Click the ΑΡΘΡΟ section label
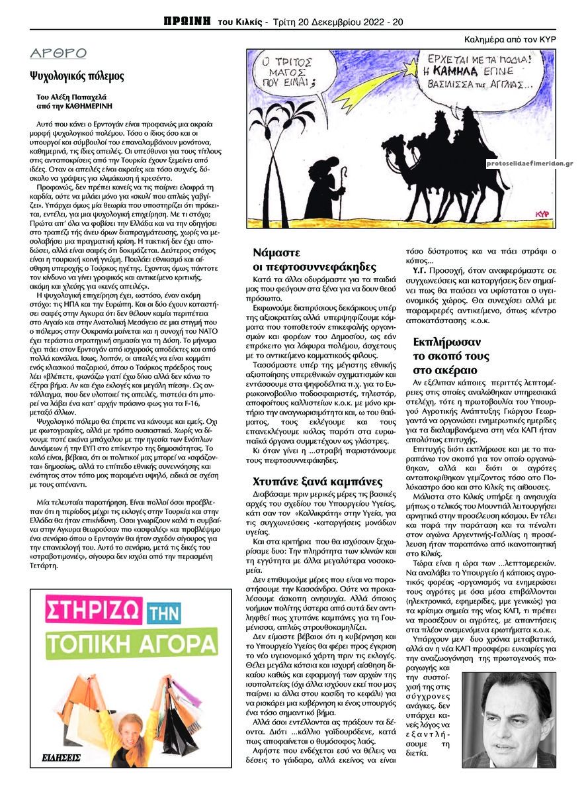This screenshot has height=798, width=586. point(58,54)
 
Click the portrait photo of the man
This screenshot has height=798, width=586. point(509,719)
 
